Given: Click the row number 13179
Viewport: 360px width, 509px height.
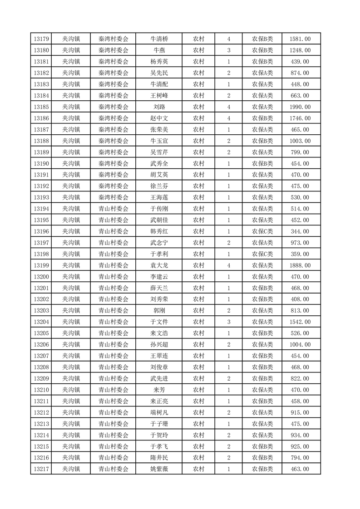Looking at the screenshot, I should pos(41,39).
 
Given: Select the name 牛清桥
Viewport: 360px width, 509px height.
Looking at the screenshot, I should pos(159,39).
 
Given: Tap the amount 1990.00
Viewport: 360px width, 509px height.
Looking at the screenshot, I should pos(300,107).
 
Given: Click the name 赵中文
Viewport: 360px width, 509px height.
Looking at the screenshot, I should pos(159,118).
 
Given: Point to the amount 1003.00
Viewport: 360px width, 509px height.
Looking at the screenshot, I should pos(300,141).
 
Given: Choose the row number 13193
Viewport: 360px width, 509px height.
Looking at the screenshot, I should pos(41,197).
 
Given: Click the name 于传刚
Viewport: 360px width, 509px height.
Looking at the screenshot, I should pos(159,209).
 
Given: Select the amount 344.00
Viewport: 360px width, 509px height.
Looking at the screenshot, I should pos(300,231).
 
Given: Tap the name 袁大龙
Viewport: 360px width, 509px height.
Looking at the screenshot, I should pos(159,265).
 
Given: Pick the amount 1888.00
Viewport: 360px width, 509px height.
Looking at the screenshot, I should pos(300,265).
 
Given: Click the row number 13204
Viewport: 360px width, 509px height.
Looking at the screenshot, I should pos(41,322).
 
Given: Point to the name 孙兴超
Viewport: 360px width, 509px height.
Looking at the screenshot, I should pos(159,345).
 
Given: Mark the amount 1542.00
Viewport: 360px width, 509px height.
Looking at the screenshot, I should pos(300,322).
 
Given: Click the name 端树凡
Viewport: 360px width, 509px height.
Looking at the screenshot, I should pos(159,412).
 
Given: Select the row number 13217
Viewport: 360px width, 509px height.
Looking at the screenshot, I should pos(41,469).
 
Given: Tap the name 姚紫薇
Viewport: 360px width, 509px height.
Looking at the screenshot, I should pos(159,469).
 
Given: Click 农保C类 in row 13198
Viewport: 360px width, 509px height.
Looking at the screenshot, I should pos(262,254).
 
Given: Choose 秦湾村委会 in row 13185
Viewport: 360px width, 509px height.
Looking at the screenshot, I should pos(113,107).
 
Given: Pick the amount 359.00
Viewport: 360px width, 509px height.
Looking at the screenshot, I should pos(300,254).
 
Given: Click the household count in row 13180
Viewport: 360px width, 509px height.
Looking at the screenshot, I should pos(228,50).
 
